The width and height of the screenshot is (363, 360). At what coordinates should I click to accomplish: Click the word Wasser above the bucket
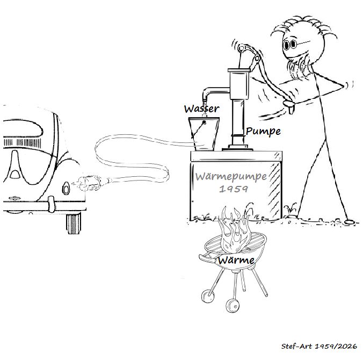[201, 109]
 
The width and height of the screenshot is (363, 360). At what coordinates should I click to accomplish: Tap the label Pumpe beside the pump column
[263, 131]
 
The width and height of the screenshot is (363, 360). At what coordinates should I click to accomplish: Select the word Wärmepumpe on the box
[231, 177]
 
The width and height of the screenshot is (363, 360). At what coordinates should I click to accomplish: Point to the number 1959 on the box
[234, 189]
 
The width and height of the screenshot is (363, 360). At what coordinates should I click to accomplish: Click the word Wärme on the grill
[236, 260]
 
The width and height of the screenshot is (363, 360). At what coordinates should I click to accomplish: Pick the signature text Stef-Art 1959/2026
[319, 346]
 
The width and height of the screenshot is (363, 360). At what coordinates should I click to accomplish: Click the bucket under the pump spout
[204, 134]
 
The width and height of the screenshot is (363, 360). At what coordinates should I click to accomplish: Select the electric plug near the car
[90, 183]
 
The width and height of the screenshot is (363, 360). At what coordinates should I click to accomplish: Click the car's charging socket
[66, 189]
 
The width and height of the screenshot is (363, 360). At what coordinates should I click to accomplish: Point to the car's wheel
[74, 224]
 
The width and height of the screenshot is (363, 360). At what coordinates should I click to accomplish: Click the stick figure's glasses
[291, 45]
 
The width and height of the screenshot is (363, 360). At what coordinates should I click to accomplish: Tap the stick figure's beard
[298, 66]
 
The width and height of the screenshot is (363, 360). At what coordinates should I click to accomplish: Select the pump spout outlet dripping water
[205, 100]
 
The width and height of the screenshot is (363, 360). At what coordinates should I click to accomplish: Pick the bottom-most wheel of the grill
[232, 306]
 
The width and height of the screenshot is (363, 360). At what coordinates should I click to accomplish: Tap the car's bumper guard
[52, 204]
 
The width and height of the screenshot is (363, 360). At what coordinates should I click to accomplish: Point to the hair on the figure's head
[303, 27]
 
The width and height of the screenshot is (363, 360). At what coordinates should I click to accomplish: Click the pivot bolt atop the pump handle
[241, 48]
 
